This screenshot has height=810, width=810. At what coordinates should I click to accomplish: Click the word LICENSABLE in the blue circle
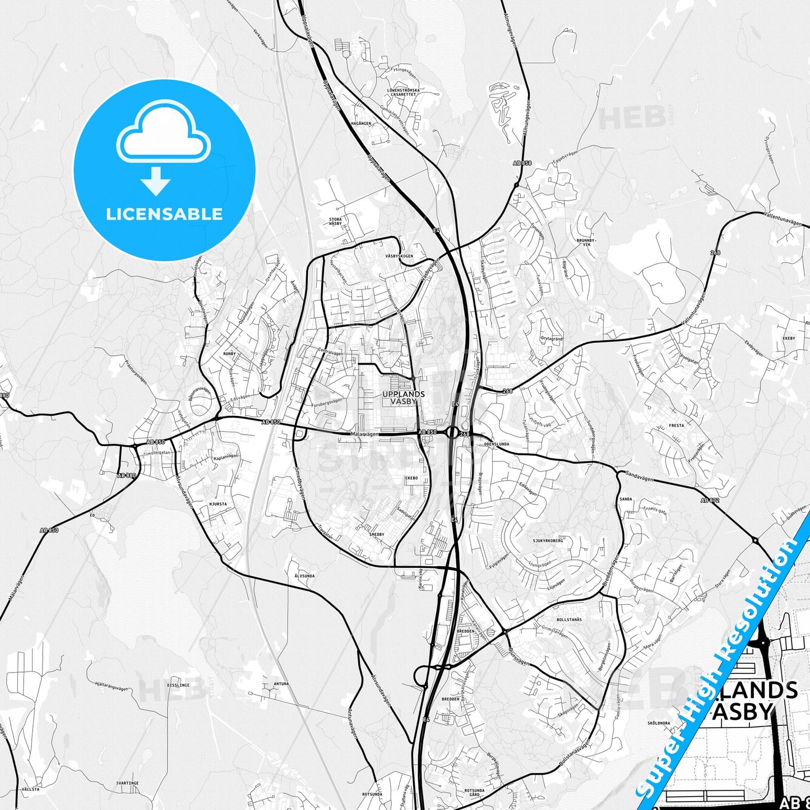pyautogui.click(x=164, y=214)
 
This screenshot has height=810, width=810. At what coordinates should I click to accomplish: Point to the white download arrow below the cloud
pyautogui.click(x=156, y=181)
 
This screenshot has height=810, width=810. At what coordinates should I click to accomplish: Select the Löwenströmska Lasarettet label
pyautogui.click(x=403, y=92)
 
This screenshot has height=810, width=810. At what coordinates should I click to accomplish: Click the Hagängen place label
pyautogui.click(x=361, y=123)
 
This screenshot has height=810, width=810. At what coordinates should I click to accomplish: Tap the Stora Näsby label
pyautogui.click(x=335, y=221)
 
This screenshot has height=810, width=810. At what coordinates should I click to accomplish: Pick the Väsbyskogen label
pyautogui.click(x=399, y=256)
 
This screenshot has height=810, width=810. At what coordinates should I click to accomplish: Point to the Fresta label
pyautogui.click(x=677, y=425)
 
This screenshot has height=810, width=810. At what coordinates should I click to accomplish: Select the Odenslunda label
pyautogui.click(x=496, y=444)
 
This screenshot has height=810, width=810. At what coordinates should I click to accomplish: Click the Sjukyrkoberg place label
pyautogui.click(x=548, y=541)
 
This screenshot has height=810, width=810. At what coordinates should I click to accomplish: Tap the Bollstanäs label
pyautogui.click(x=569, y=619)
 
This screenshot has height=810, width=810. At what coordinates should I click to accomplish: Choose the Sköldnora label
pyautogui.click(x=659, y=723)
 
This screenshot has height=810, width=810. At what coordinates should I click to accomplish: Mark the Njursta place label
pyautogui.click(x=218, y=504)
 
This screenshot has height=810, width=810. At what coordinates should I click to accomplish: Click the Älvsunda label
pyautogui.click(x=304, y=576)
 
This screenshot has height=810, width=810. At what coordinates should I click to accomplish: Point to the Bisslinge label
pyautogui.click(x=178, y=685)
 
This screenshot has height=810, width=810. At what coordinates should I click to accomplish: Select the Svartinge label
pyautogui.click(x=127, y=783)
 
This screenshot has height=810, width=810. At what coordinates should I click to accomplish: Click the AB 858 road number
pyautogui.click(x=521, y=163)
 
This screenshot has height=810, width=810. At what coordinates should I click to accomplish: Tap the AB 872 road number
pyautogui.click(x=709, y=500)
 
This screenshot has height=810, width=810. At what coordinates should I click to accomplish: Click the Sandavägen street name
pyautogui.click(x=640, y=476)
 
